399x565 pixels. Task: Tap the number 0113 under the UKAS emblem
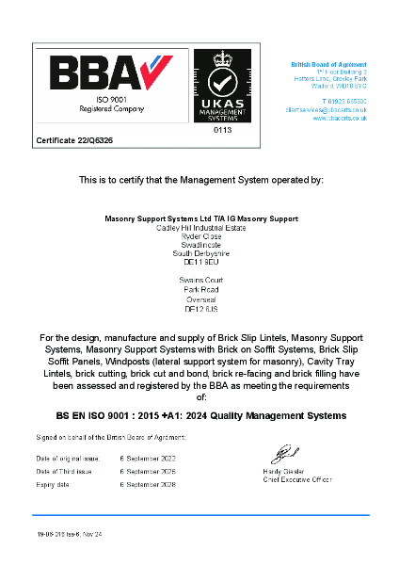222,130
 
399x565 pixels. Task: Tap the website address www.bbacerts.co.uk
340,119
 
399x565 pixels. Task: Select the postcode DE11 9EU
199,261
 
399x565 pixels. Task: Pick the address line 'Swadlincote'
199,244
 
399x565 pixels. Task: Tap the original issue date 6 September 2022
148,459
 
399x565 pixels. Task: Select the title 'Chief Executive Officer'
297,479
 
